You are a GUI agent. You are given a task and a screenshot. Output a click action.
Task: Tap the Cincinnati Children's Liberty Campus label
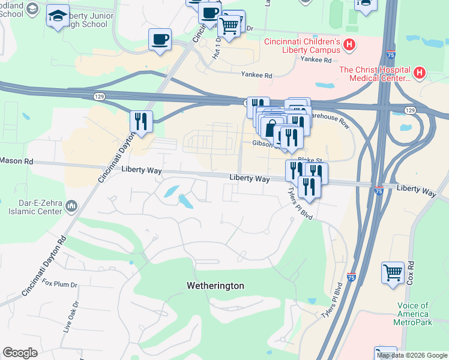click(303, 46)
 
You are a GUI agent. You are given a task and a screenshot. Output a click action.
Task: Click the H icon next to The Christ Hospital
click(420, 73)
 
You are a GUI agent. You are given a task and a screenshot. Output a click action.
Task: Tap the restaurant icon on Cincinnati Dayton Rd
click(141, 122)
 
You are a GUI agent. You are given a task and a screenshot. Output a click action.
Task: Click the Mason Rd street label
click(16, 161)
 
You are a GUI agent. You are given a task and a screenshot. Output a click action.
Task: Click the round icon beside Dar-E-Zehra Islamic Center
click(71, 206)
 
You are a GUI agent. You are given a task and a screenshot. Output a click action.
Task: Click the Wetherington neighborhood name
click(214, 286)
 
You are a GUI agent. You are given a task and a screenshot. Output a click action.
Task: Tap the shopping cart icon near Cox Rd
click(393, 272)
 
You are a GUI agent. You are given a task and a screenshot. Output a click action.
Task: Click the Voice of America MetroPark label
click(413, 314)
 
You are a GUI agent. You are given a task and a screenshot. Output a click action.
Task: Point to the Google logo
click(20, 353)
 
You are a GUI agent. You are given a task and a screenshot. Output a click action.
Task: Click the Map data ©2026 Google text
click(412, 355)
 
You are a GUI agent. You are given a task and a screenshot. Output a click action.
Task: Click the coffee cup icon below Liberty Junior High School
click(160, 40)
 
